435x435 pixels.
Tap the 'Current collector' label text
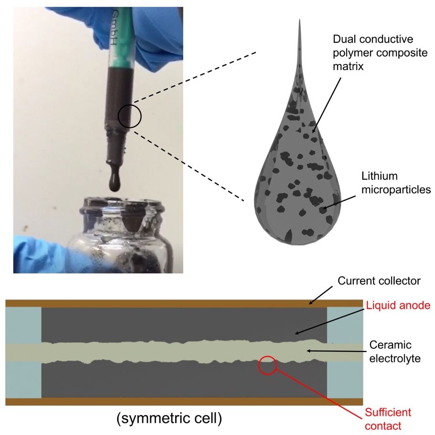coord(379,281)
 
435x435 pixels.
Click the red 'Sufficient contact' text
coord(388,418)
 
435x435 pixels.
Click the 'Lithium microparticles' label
coord(396,183)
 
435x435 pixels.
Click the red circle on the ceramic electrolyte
coord(267,365)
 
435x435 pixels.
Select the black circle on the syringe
coord(129,116)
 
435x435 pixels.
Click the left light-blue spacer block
coord(23,352)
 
